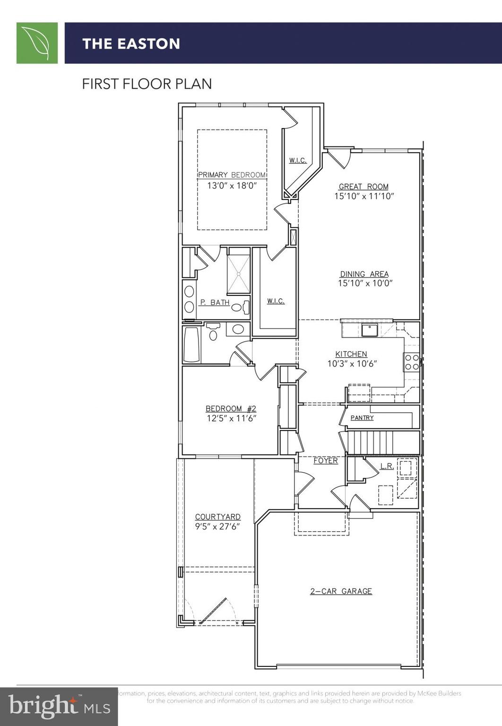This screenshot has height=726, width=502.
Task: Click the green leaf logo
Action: point(37,43)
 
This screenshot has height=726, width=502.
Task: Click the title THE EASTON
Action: point(131,44)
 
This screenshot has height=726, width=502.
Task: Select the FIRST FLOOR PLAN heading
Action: point(147,84)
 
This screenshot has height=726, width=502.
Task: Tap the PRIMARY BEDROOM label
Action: point(232,175)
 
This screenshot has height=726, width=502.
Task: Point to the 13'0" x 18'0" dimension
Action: point(232,186)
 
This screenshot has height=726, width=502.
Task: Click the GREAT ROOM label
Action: point(364,187)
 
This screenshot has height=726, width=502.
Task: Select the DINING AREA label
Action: point(364,274)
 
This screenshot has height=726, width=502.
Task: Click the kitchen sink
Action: point(369,330)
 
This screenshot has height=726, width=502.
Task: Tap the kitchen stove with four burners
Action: point(411,362)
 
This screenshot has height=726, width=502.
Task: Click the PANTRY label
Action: point(362,418)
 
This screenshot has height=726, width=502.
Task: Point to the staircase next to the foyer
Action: point(371,442)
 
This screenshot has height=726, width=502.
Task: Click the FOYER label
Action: point(326,461)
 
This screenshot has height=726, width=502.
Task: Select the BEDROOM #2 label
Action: point(231,409)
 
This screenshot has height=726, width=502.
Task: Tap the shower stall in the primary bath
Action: point(238,274)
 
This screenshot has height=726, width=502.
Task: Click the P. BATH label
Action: point(215,302)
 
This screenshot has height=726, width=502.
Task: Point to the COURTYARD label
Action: point(217,517)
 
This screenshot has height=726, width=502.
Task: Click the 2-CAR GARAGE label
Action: point(341,591)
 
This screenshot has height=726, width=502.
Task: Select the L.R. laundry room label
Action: point(387,467)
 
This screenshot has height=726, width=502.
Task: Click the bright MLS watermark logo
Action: point(59,707)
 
